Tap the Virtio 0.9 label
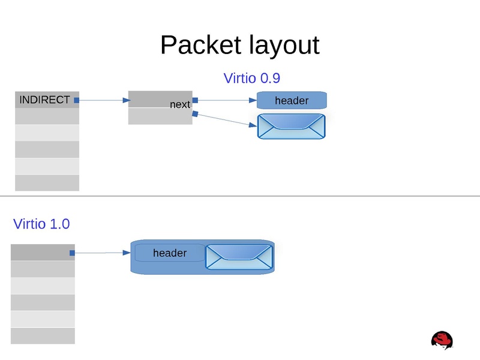click(x=252, y=78)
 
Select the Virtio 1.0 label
click(x=41, y=224)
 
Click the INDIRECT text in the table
click(x=44, y=100)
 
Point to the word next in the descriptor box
click(x=179, y=104)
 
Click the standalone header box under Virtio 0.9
click(x=292, y=100)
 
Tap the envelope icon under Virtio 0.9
click(x=292, y=126)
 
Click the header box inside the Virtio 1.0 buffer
click(x=170, y=253)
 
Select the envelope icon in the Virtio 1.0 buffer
click(x=239, y=257)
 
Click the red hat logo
click(x=442, y=340)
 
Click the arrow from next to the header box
click(x=225, y=101)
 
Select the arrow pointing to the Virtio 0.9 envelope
click(x=225, y=120)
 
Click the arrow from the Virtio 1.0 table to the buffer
click(x=102, y=253)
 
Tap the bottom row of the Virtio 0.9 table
click(x=47, y=183)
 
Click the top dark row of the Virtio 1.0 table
click(x=43, y=253)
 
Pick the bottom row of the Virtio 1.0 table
click(x=43, y=336)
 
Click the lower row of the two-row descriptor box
click(x=160, y=116)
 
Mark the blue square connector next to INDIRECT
click(x=76, y=100)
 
